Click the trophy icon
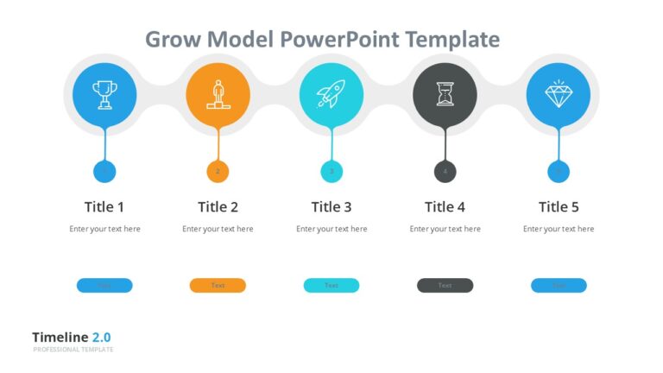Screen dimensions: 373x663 (x=104, y=93)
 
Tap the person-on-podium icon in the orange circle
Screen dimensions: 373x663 (x=218, y=93)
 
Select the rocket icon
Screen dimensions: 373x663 (x=331, y=93)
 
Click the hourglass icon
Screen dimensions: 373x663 (x=445, y=93)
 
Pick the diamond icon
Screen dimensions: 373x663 (x=558, y=93)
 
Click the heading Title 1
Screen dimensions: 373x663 (x=104, y=207)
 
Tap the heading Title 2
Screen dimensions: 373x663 (x=218, y=207)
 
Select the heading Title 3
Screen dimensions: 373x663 (x=331, y=207)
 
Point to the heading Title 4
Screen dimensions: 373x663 (x=445, y=207)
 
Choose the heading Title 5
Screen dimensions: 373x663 (x=559, y=207)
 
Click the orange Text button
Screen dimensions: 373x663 (x=218, y=286)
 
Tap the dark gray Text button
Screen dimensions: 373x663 (x=445, y=286)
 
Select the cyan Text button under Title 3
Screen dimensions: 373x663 (x=331, y=286)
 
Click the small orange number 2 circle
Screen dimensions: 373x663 (x=218, y=172)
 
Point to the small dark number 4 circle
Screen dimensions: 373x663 (x=445, y=172)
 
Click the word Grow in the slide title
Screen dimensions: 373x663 (x=168, y=40)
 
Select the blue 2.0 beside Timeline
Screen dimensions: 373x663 (x=102, y=338)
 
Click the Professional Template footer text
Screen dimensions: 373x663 (x=73, y=350)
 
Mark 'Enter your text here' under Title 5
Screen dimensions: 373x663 (x=559, y=230)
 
